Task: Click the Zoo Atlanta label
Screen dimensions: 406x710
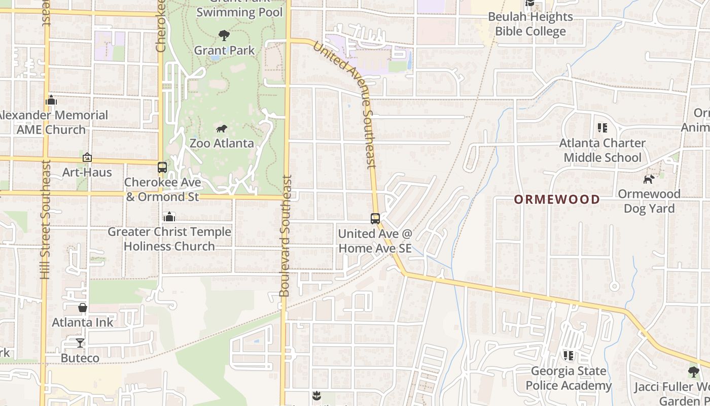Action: click(222, 143)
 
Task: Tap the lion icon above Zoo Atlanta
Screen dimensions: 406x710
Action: click(222, 129)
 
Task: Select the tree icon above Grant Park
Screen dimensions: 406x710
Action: click(224, 36)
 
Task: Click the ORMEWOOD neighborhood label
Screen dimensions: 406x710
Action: click(557, 199)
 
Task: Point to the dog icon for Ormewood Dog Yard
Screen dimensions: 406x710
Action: click(649, 179)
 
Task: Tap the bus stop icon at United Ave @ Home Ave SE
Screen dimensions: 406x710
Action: click(375, 219)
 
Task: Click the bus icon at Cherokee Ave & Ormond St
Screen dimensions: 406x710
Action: click(162, 167)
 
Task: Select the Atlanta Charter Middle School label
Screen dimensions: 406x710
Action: click(602, 150)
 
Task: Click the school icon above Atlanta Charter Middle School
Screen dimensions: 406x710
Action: click(602, 128)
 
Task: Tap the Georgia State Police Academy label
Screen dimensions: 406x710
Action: click(569, 378)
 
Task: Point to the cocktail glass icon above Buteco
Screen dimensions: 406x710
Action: click(80, 343)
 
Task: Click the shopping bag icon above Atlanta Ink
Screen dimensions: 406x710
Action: click(83, 308)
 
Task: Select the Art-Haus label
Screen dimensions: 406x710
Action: click(87, 172)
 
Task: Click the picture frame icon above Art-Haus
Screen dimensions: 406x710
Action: click(87, 158)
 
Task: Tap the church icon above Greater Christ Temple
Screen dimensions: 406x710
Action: click(169, 217)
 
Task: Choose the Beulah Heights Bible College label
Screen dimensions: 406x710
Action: click(530, 24)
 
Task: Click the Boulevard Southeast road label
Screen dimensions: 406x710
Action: click(286, 236)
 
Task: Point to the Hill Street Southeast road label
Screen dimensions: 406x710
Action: click(46, 219)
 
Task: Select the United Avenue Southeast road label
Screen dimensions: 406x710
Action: click(345, 104)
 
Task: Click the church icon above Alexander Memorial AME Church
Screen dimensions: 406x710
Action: click(51, 100)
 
